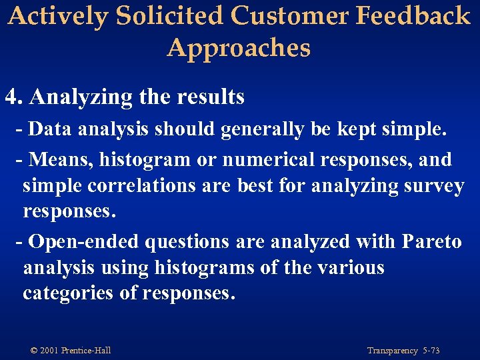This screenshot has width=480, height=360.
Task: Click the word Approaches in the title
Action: click(x=239, y=48)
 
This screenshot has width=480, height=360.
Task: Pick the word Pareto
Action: click(x=431, y=241)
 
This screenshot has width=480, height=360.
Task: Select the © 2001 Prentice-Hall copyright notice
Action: click(x=71, y=351)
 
